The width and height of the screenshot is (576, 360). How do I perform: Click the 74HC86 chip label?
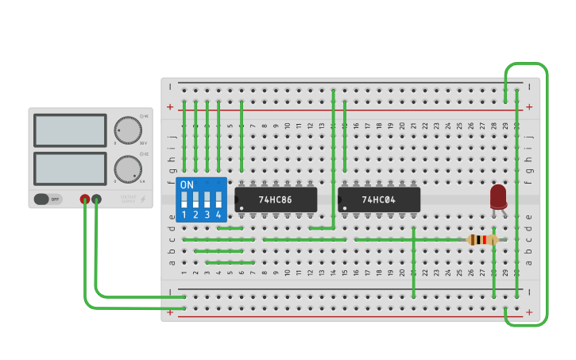tap(276, 200)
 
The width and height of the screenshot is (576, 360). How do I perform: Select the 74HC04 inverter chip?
tap(379, 200)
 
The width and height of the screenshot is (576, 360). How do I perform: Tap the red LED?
tap(498, 196)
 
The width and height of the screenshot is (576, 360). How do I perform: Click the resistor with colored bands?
tap(482, 239)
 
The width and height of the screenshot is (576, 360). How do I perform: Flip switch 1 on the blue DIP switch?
tap(184, 200)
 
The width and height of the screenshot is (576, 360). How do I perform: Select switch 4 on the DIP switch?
tap(218, 200)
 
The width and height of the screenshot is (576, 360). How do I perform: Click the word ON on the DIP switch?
tap(187, 185)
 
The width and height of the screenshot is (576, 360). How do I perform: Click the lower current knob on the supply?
tap(127, 168)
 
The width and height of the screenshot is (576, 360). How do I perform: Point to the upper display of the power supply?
tap(70, 130)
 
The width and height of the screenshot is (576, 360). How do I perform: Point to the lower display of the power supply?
tap(70, 168)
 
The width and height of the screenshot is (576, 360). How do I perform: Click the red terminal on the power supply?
tap(85, 199)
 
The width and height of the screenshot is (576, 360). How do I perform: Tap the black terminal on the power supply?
tap(96, 199)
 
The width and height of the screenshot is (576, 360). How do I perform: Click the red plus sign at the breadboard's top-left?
tap(169, 106)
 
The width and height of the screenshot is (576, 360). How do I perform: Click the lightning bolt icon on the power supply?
tap(143, 199)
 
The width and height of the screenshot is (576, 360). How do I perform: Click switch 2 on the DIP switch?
tap(195, 200)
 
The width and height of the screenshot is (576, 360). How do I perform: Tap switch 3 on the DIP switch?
tap(207, 200)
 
